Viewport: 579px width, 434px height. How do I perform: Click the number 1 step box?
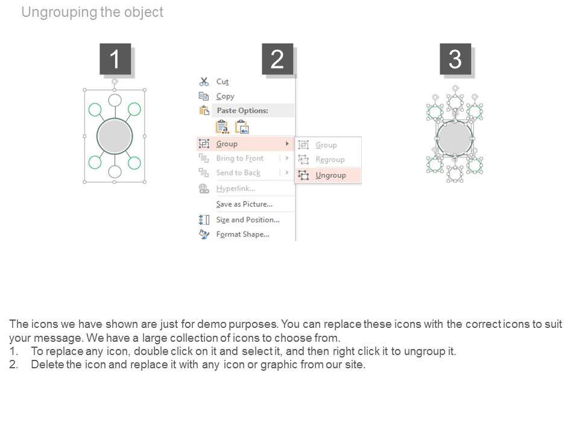point(115,59)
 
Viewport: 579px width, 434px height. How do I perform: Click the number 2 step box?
point(277,59)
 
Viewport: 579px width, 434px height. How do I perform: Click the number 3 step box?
point(455,59)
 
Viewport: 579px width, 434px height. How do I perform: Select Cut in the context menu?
point(223,81)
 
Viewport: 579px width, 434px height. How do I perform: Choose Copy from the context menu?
point(225,96)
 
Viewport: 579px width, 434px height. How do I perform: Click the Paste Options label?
point(242,110)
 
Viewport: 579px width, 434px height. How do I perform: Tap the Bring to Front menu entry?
point(240,159)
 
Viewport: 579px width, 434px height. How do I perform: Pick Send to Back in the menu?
point(238,173)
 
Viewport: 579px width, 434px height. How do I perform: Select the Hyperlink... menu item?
point(236,189)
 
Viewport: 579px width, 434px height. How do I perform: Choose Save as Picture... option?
point(244,204)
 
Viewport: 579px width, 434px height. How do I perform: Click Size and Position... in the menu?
point(248,219)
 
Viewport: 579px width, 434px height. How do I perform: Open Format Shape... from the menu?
point(242,234)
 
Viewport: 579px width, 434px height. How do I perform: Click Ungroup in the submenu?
point(331,175)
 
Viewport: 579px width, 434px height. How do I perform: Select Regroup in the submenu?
point(330,159)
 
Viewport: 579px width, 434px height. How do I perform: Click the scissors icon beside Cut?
point(204,81)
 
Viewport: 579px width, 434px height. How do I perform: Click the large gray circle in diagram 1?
point(115,136)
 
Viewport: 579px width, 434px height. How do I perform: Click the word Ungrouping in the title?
point(59,13)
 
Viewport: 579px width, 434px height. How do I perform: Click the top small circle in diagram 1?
point(115,100)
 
